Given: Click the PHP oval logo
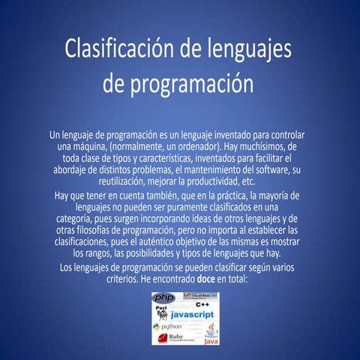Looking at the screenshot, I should [163, 298].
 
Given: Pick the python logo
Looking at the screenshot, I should [167, 327].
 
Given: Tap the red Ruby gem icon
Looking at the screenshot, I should [162, 338].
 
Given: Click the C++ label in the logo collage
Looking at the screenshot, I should [202, 305].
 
